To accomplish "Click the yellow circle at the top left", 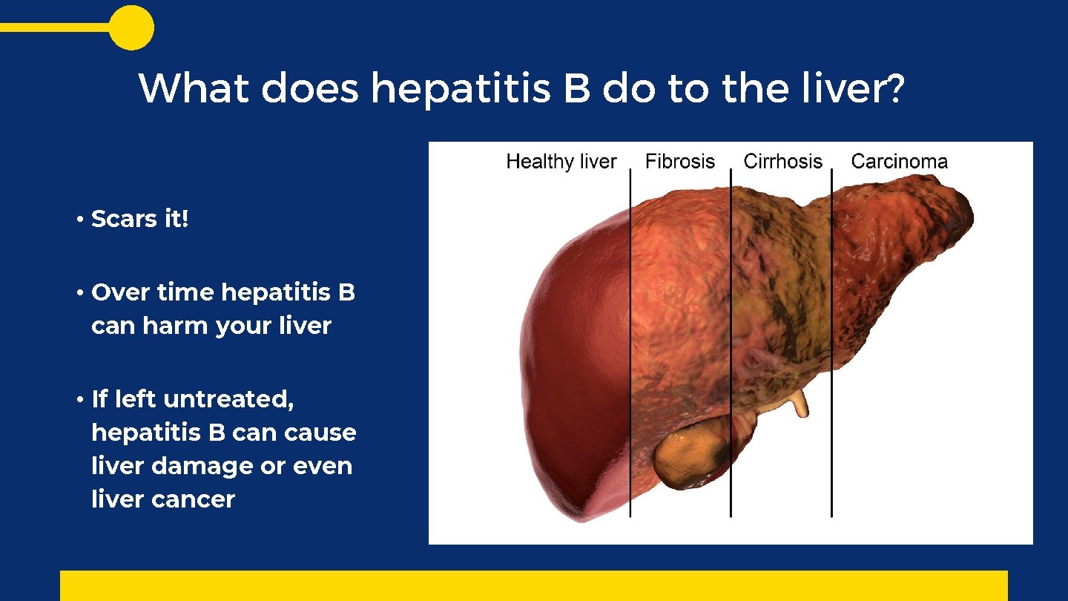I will coord(131,27).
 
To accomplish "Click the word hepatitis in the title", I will coord(460,89).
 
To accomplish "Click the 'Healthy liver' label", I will coord(561,162).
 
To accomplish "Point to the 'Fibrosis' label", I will coord(679,162).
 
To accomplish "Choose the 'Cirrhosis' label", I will coord(782,162).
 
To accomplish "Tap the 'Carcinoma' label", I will coord(899,162).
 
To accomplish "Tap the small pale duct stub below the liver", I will coord(798,405).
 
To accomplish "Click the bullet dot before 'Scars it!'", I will coord(78,220).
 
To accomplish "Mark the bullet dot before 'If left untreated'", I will coord(78,400).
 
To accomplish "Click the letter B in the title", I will coord(576,89).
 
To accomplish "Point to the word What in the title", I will coord(194,89).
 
